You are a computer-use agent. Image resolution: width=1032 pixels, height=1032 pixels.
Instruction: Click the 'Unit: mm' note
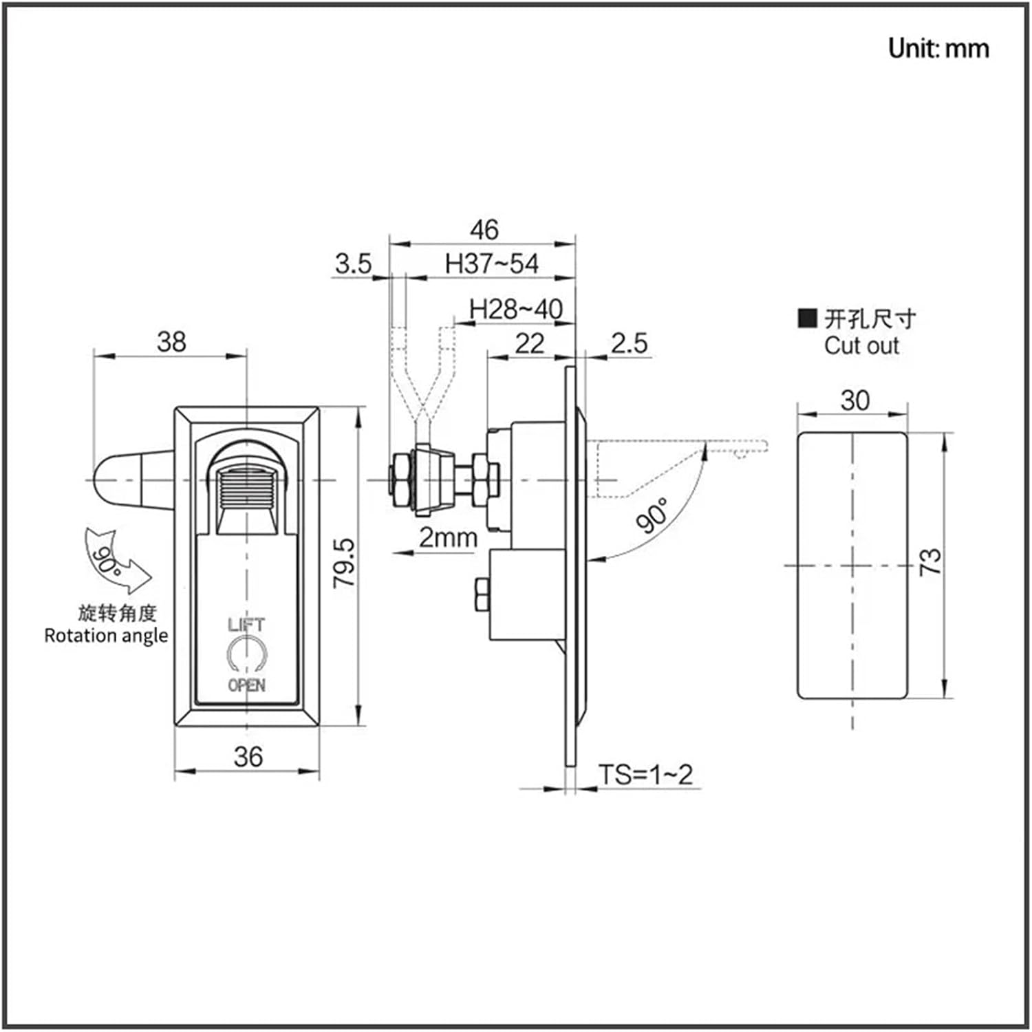pos(938,48)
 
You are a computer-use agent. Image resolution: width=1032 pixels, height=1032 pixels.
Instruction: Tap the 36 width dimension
pos(248,756)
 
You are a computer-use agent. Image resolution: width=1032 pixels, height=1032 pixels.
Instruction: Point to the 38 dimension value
pos(171,341)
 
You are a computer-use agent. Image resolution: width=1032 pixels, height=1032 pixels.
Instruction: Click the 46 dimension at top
pos(484,229)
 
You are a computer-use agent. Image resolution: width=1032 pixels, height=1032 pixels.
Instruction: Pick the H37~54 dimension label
pos(491,264)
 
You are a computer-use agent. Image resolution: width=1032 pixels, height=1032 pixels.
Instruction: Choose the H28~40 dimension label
pos(515,310)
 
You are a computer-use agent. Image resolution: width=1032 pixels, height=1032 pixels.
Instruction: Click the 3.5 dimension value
pos(353,264)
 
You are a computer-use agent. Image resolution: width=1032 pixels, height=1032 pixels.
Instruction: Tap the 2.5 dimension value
pos(629,343)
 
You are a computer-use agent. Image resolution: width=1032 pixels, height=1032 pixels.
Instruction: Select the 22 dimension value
pos(529,343)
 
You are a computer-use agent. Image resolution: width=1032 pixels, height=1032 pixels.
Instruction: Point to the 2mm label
pos(448,537)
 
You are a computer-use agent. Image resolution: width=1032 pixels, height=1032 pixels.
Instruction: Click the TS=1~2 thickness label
pos(645,775)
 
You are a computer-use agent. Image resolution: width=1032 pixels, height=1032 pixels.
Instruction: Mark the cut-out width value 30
pos(854,400)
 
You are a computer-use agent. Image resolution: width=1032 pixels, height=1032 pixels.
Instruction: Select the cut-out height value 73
pos(929,561)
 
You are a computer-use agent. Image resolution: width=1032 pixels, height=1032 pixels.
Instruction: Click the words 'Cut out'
pos(861,345)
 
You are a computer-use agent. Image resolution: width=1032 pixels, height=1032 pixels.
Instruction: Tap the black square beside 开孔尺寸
pos(806,318)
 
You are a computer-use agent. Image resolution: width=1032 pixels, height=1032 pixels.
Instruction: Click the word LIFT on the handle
pos(246,625)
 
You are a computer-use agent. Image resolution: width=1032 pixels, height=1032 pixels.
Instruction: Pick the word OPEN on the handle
pos(246,685)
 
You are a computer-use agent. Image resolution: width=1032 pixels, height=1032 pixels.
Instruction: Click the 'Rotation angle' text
pos(106,635)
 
